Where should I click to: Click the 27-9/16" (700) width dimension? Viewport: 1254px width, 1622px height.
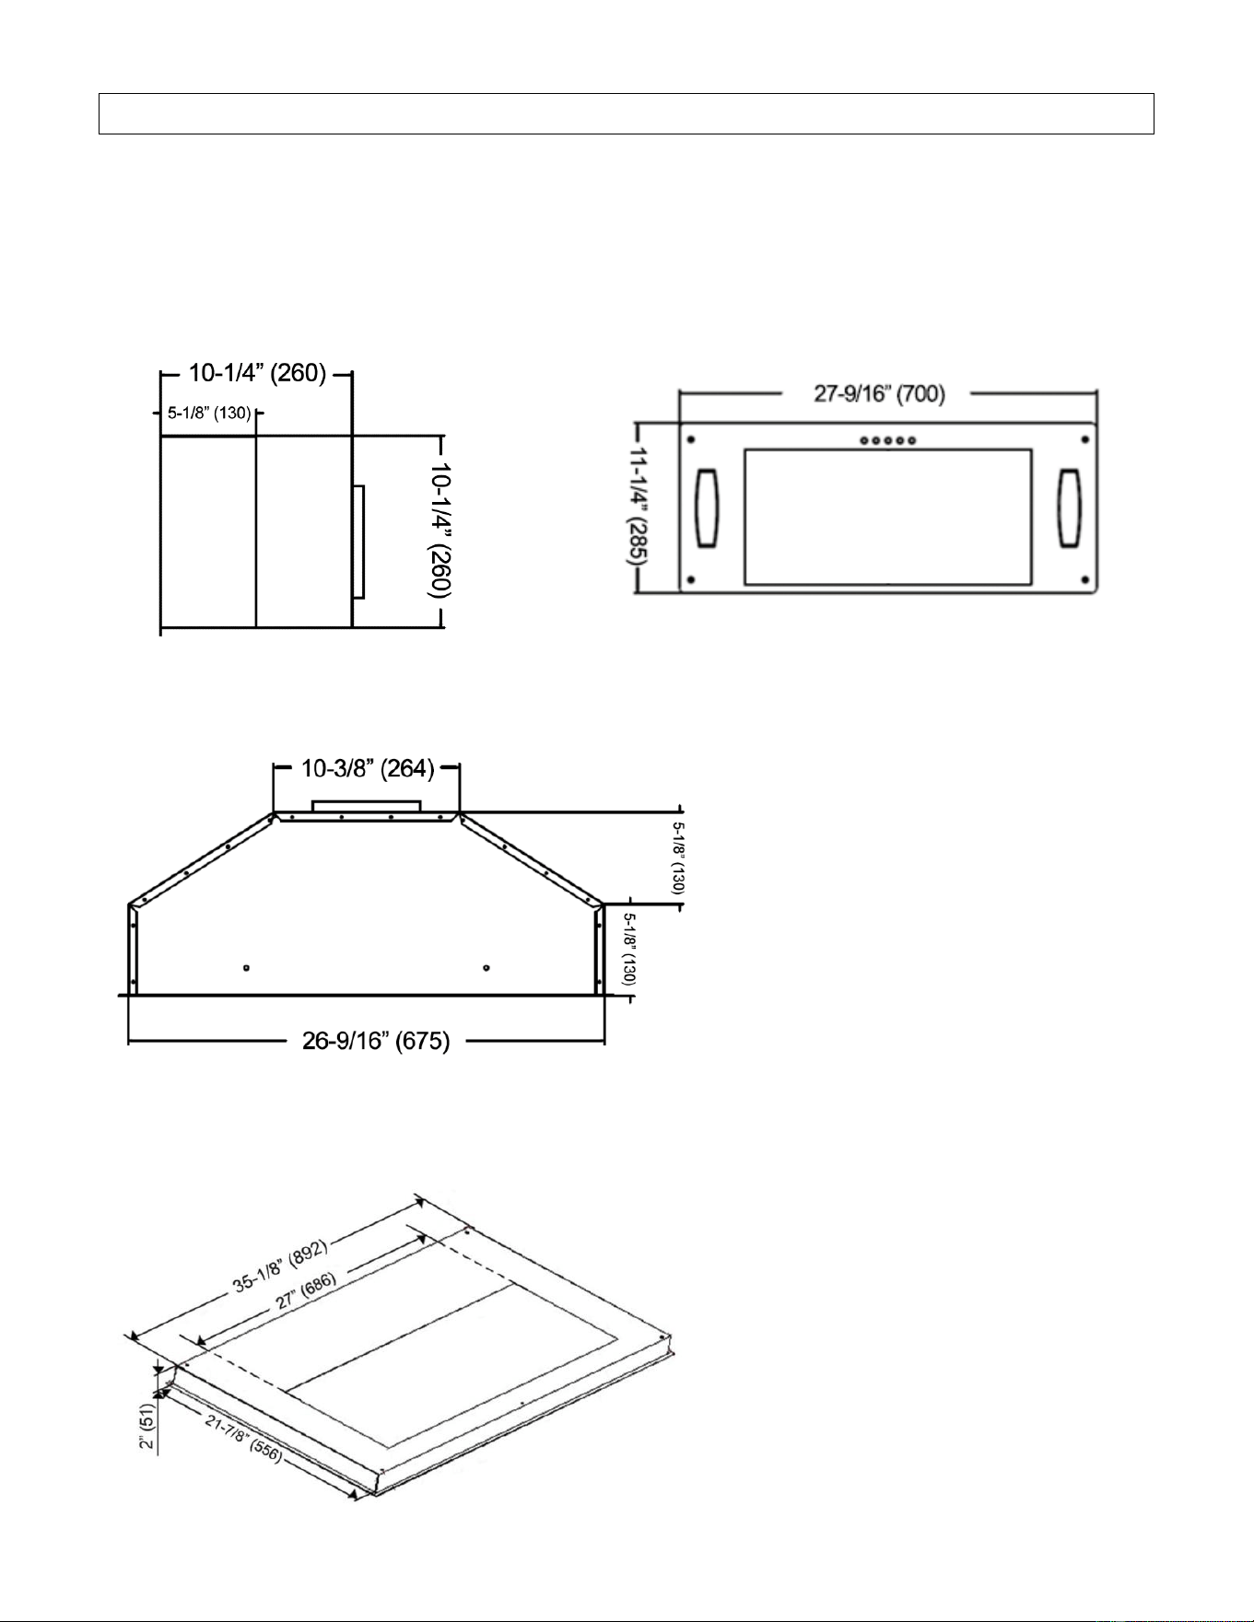[879, 394]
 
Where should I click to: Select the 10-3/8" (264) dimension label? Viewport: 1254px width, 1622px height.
[368, 768]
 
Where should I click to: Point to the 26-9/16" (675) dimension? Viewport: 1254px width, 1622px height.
[376, 1041]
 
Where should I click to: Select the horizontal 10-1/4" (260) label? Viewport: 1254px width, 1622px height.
[258, 373]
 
